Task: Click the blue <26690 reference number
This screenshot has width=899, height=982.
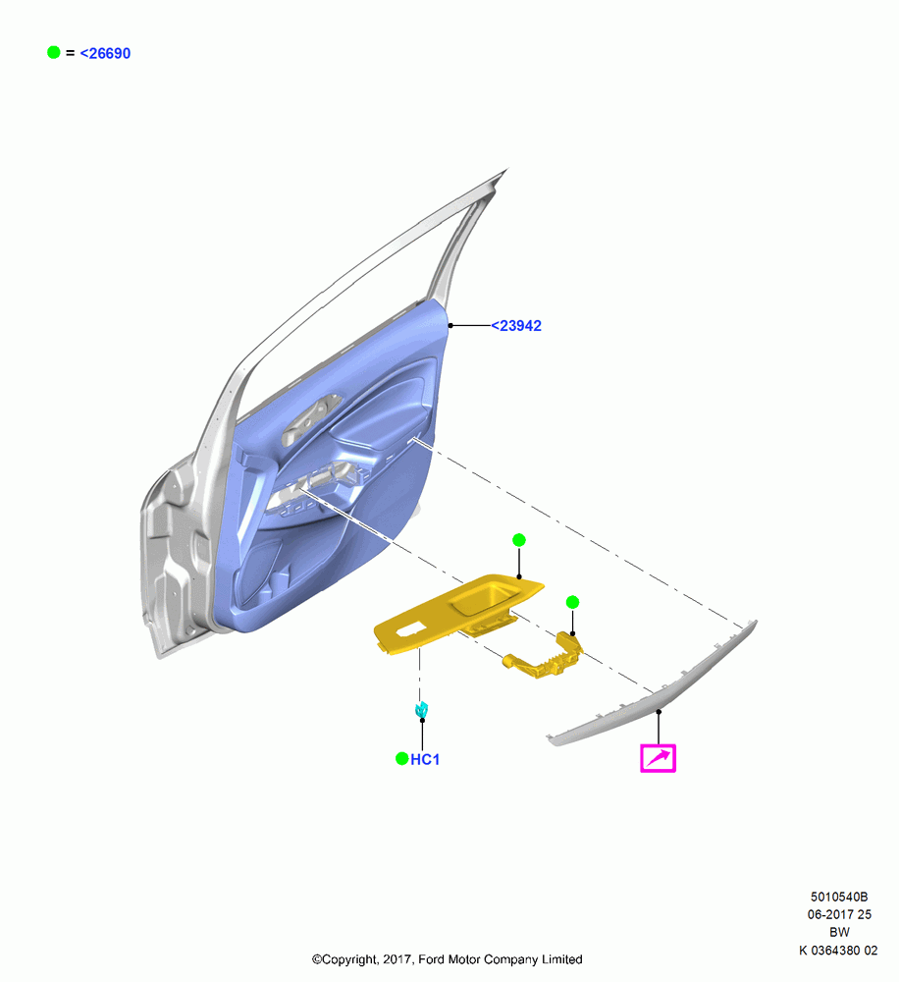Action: [105, 54]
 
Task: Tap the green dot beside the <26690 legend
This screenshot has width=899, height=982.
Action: [54, 53]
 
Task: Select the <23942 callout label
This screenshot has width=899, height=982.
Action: [516, 326]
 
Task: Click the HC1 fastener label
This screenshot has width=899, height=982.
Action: [425, 760]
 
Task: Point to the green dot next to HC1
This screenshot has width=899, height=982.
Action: [402, 759]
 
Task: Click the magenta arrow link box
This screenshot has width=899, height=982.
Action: [658, 758]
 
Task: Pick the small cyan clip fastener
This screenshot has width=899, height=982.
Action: [422, 710]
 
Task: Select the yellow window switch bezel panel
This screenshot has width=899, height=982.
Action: [457, 614]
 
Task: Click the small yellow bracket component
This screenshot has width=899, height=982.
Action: [544, 658]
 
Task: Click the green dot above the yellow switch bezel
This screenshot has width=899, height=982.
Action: [519, 540]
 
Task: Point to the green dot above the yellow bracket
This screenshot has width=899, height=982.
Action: [572, 602]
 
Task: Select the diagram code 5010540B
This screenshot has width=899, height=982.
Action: [839, 897]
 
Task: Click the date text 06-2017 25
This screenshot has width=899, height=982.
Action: [839, 914]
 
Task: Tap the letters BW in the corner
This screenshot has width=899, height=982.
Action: [839, 932]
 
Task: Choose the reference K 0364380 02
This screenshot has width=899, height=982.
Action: [838, 950]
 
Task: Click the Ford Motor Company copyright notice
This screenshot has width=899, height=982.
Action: [447, 959]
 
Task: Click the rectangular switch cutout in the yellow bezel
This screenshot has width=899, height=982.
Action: [407, 628]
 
